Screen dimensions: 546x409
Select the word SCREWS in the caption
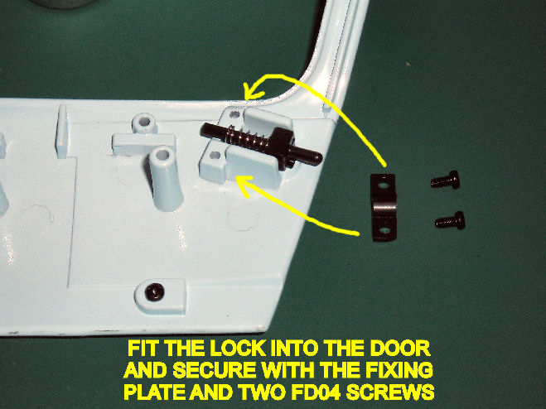click(x=390, y=392)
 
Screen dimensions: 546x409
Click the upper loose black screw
click(x=446, y=180)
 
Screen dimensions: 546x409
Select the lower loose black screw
click(x=450, y=220)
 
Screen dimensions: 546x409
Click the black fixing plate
click(x=384, y=208)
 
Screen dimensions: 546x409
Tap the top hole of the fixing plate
click(x=383, y=185)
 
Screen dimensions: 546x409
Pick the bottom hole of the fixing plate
click(x=384, y=230)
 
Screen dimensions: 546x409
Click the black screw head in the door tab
click(x=154, y=291)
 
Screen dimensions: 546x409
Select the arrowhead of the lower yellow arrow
click(x=244, y=185)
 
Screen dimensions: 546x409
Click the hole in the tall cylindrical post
click(x=162, y=155)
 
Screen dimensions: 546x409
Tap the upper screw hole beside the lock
click(x=235, y=113)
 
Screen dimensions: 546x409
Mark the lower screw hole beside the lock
click(x=215, y=155)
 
